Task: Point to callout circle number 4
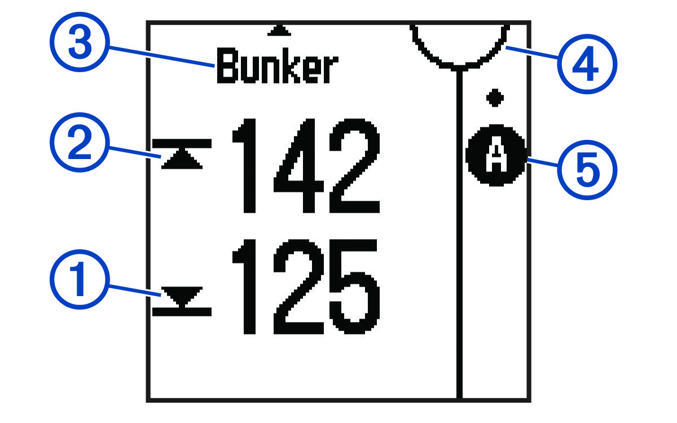(x=587, y=67)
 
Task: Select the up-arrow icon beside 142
(x=182, y=156)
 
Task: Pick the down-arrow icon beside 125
(x=182, y=299)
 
